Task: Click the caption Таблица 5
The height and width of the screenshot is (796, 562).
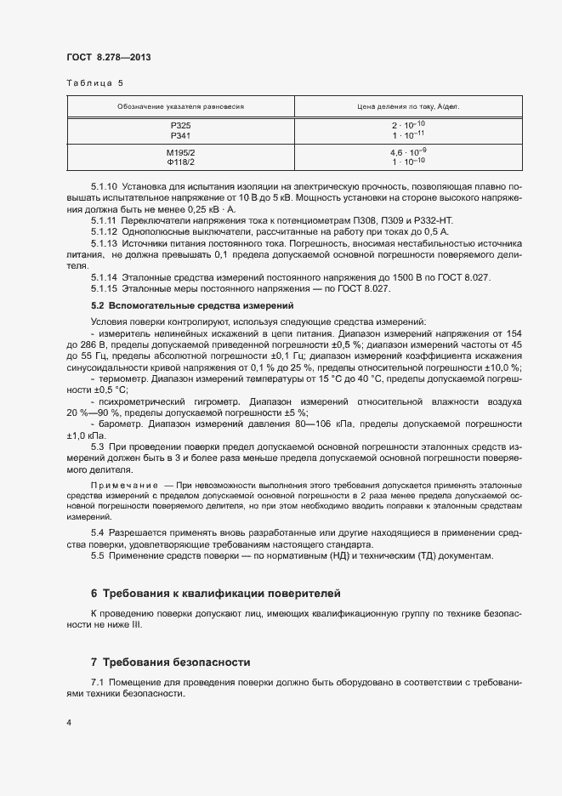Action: coord(94,83)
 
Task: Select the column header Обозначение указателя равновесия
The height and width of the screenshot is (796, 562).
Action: coord(181,107)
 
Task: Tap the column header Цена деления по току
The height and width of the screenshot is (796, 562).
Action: coord(415,107)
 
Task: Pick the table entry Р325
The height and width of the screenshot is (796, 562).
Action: coord(181,126)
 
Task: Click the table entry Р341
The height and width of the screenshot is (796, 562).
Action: coord(181,135)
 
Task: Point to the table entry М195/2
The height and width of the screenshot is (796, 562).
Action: coord(181,152)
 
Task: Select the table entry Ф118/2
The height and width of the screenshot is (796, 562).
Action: coord(181,162)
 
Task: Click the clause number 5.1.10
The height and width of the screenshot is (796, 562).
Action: coord(104,185)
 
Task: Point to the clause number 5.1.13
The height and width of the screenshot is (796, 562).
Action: coord(104,242)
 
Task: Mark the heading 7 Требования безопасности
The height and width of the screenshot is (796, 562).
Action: coord(171,662)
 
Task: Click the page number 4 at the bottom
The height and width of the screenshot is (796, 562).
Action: coord(69,724)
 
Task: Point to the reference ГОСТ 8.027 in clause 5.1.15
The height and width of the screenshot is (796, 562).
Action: coord(360,289)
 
